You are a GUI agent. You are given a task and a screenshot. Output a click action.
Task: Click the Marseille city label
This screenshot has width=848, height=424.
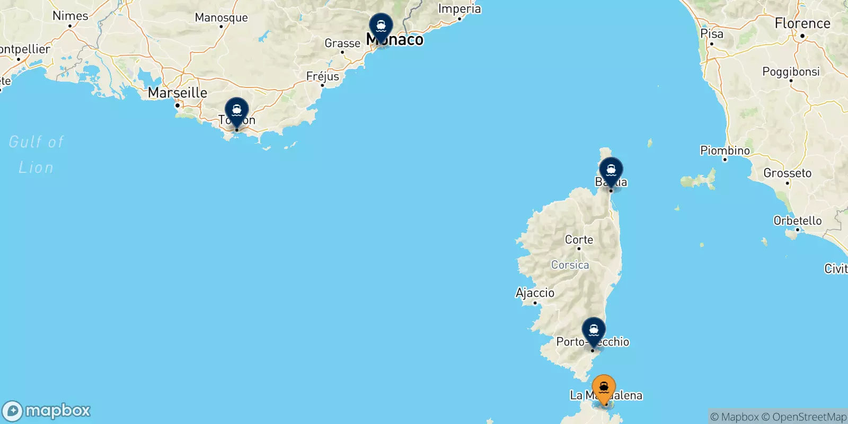click(178, 93)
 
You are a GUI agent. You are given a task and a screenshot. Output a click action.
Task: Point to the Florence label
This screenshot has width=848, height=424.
click(802, 23)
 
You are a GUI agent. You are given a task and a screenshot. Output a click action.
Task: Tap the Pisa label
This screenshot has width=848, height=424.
click(712, 33)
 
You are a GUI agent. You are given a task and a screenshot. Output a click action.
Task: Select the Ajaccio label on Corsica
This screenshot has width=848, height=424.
click(535, 293)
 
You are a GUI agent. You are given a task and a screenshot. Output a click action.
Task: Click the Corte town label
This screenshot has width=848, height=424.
click(579, 240)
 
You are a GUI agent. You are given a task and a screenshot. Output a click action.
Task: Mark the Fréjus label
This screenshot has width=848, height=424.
click(322, 76)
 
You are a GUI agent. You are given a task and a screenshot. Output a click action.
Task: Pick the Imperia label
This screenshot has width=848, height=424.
click(460, 9)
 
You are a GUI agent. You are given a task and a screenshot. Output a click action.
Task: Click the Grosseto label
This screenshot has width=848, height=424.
click(787, 173)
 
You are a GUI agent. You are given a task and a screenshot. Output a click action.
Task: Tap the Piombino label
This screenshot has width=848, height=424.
click(725, 151)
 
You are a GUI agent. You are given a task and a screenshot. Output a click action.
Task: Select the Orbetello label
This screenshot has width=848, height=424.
click(798, 220)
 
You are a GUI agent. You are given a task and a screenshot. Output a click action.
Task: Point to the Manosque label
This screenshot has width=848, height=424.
click(221, 17)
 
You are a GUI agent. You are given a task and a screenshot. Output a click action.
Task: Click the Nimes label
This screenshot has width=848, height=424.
click(70, 16)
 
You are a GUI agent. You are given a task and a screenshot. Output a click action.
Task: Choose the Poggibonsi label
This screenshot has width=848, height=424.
click(791, 72)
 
